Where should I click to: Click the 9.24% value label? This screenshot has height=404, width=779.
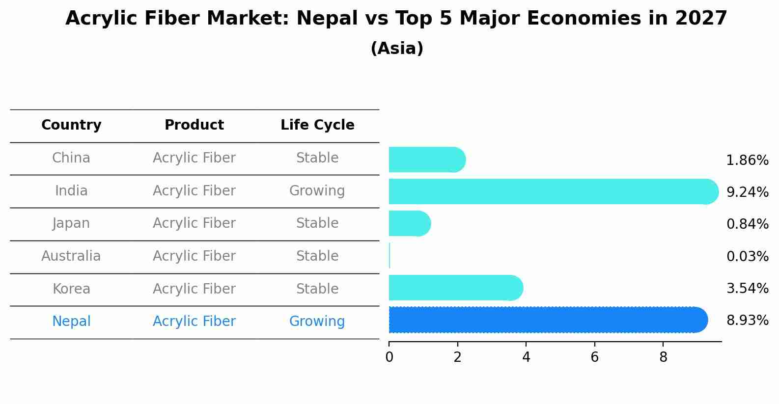[x=747, y=192]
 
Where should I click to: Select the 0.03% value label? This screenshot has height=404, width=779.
[x=747, y=256]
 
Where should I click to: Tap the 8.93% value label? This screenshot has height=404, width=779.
[x=747, y=321]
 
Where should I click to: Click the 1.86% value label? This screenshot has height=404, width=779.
[x=747, y=161]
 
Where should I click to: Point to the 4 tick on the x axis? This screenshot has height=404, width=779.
[x=526, y=357]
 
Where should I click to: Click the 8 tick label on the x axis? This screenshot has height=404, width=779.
[x=663, y=357]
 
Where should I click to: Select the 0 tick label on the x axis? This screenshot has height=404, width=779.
[x=389, y=357]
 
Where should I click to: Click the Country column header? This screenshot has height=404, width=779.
[x=71, y=125]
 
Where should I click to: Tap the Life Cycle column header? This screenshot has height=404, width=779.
[x=317, y=125]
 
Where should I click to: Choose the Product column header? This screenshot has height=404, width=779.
[x=194, y=125]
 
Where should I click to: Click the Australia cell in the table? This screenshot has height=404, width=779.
[x=71, y=256]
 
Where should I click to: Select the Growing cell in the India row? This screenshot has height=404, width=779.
[x=317, y=191]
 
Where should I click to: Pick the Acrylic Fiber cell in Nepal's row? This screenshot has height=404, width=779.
[x=194, y=322]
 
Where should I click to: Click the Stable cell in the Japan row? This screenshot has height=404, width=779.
[x=317, y=223]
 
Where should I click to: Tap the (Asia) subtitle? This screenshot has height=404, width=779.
[x=397, y=49]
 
